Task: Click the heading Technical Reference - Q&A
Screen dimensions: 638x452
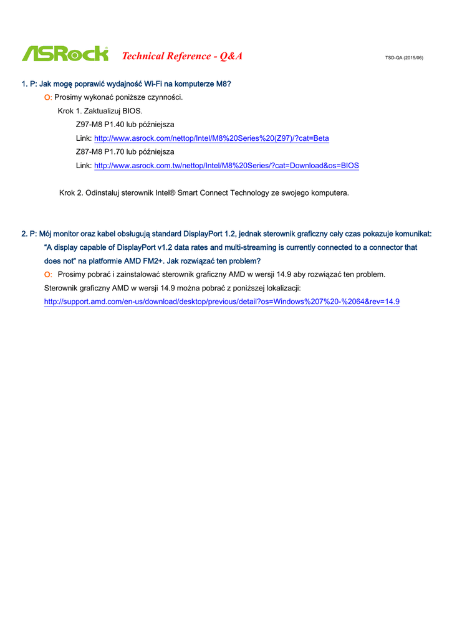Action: (x=182, y=56)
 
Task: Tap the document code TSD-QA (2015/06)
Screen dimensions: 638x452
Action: (x=404, y=58)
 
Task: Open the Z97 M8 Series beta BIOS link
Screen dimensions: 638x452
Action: (x=211, y=138)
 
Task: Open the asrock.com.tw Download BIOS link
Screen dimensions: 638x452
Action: (x=226, y=166)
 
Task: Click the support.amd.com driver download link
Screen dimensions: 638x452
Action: (x=221, y=302)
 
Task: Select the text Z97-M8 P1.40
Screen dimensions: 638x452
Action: (x=99, y=125)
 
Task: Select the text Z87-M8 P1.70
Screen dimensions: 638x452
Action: (x=99, y=152)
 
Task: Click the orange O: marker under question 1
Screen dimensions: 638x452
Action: (x=47, y=98)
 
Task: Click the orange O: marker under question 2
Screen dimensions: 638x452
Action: (x=47, y=275)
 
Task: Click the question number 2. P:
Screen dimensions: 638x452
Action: (x=29, y=234)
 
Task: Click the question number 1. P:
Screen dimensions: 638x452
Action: (x=29, y=83)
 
